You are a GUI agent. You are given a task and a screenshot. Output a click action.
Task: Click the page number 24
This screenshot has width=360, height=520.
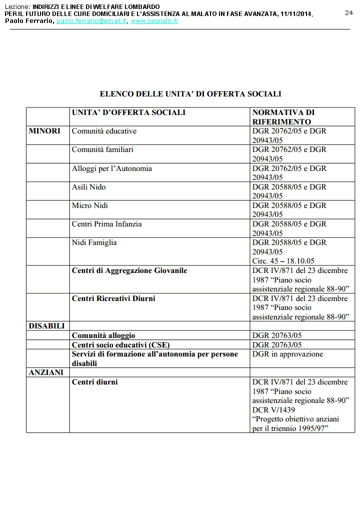(348, 12)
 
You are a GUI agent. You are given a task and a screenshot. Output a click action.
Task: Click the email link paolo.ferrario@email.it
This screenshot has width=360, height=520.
(91, 21)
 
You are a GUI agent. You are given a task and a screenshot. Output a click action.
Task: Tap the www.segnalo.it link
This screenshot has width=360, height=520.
(154, 21)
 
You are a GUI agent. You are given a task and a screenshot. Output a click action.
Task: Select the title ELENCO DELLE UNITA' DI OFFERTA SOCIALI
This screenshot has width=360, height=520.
(190, 93)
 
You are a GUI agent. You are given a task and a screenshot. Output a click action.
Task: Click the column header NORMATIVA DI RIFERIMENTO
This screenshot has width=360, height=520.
(283, 117)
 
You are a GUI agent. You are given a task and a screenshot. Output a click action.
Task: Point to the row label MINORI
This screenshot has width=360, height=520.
(44, 131)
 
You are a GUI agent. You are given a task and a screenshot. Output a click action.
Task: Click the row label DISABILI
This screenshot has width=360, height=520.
(46, 326)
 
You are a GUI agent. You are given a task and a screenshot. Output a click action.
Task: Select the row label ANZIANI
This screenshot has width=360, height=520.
(46, 372)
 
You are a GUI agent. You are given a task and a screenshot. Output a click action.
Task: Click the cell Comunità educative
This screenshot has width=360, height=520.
(104, 131)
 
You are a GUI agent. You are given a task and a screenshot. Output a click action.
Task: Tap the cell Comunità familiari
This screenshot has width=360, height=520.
(102, 149)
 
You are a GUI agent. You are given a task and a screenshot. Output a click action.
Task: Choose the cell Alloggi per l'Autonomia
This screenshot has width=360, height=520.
(111, 168)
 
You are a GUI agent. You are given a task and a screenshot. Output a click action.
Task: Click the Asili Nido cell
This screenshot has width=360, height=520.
(88, 187)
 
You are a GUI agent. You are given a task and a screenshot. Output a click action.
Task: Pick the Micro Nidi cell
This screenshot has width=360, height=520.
(89, 205)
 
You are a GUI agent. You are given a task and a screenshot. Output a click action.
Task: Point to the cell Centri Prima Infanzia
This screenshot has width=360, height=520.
(106, 224)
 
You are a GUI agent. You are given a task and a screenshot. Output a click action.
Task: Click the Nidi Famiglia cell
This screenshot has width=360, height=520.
(94, 242)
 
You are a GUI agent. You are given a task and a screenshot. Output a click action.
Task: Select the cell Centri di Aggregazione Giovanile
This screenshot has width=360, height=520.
(129, 270)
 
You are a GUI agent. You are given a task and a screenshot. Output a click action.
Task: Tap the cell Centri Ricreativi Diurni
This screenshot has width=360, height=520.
(113, 298)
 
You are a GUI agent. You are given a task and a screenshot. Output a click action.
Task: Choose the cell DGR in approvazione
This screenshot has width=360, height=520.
(287, 354)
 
